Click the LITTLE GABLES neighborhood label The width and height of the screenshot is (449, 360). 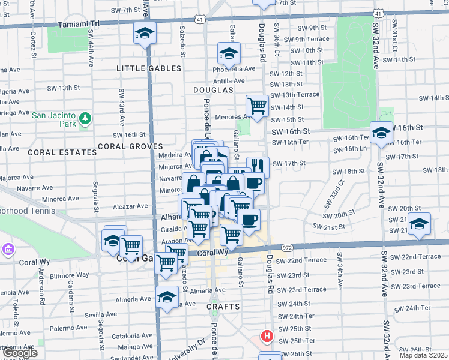coord(149,69)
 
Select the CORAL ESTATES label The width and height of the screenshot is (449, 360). coord(63,152)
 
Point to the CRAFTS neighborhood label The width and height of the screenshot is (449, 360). coord(223,307)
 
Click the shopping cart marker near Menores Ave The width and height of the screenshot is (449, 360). coord(257,106)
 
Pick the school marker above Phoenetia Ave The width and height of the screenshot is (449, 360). coord(228,53)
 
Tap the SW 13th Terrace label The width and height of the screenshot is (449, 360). coord(294,95)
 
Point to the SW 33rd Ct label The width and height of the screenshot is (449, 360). coord(335,191)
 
